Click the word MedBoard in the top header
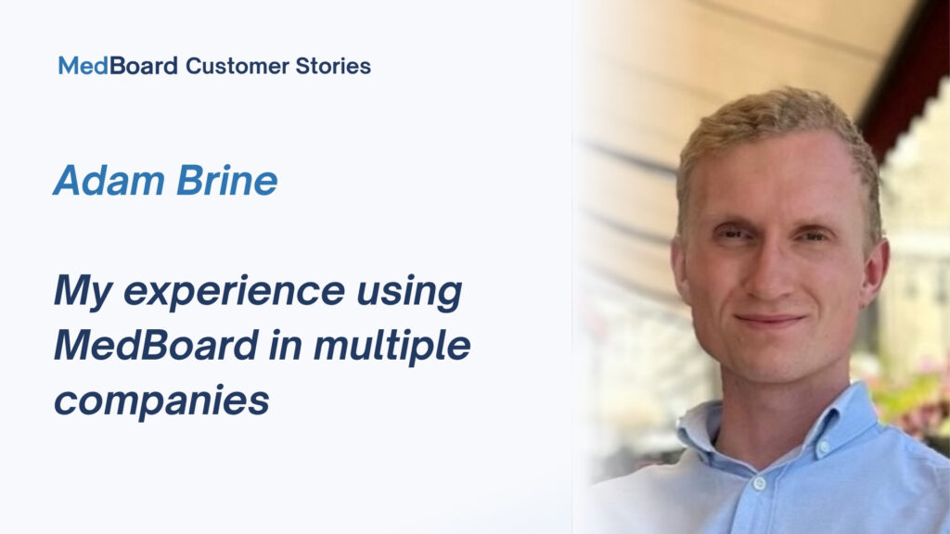point(118,66)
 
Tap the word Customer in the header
point(237,66)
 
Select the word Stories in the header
point(333,66)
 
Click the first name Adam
point(109,181)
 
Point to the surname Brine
point(227,181)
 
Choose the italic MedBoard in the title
point(156,345)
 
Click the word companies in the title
point(161,400)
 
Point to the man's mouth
point(769,320)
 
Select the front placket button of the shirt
point(759,483)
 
